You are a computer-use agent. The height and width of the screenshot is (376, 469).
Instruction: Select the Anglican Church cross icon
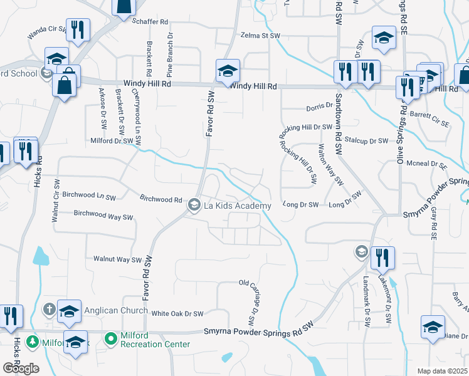click(x=50, y=309)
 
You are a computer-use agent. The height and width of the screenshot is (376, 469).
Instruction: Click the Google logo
click(x=20, y=368)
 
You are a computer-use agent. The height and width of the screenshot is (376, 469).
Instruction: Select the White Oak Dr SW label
click(x=178, y=313)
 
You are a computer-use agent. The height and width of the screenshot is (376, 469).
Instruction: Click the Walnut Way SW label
click(x=117, y=259)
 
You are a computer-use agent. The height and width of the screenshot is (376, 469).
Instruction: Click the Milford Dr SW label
click(x=112, y=141)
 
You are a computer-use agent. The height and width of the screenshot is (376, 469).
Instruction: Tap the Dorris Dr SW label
click(x=319, y=108)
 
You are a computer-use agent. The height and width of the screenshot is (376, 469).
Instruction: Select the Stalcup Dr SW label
click(x=370, y=141)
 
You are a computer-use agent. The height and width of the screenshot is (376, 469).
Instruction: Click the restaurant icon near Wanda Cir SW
click(x=78, y=29)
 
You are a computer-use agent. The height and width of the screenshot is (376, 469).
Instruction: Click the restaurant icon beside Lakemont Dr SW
click(x=382, y=257)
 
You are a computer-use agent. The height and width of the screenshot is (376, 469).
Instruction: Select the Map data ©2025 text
click(x=443, y=371)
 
